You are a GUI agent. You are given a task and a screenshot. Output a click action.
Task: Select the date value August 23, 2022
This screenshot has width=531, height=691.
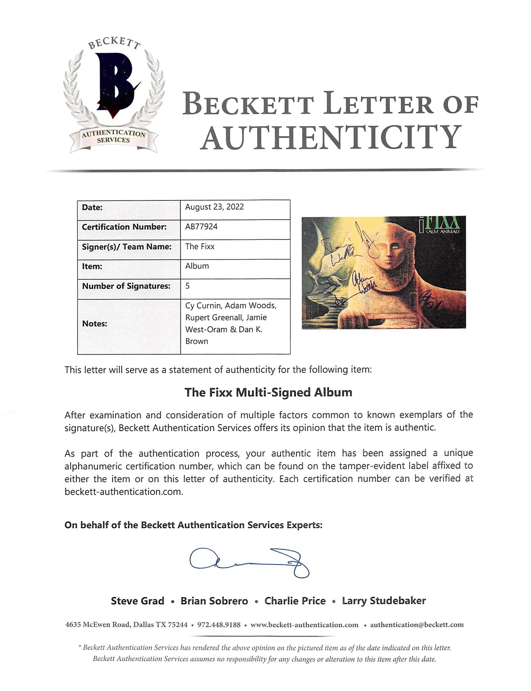214,207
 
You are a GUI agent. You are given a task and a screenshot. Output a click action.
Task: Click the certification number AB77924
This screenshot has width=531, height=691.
201,226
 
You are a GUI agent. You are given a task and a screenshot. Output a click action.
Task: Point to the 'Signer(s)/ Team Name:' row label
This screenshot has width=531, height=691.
127,246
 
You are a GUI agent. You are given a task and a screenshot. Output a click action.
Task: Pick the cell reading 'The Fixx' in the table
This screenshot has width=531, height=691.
200,246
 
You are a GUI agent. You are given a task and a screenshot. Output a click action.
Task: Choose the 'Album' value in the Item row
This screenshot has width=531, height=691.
197,266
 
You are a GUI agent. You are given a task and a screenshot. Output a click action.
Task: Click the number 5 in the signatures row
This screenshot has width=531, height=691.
188,286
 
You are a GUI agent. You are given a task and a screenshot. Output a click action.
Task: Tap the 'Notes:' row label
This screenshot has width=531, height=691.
94,324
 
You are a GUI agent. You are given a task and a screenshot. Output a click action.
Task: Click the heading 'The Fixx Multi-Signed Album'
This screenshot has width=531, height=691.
268,392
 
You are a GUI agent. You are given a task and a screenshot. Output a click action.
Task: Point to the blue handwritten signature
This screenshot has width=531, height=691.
249,562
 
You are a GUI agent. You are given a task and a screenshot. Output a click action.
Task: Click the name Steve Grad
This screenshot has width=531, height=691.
137,601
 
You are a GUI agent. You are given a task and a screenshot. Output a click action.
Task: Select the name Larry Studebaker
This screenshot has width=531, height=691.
384,601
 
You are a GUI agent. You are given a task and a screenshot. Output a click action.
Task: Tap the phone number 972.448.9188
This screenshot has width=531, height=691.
219,625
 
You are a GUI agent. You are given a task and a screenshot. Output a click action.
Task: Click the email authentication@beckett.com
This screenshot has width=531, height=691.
417,625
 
